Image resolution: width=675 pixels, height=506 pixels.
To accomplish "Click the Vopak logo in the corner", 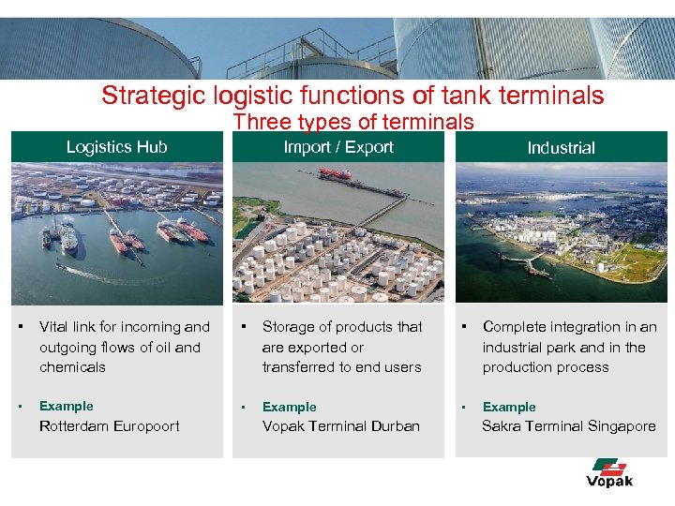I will click(x=609, y=472).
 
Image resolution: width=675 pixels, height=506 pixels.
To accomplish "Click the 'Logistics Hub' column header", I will click(x=116, y=147).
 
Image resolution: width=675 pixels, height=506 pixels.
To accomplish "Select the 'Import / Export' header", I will click(x=338, y=147).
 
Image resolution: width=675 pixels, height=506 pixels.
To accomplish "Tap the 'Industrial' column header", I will click(x=561, y=148).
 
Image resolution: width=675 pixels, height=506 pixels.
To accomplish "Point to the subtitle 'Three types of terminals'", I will click(x=353, y=122).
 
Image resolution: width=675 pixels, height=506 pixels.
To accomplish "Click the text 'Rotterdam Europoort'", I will click(x=110, y=426).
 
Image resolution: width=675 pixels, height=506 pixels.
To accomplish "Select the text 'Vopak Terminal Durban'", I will click(x=340, y=426).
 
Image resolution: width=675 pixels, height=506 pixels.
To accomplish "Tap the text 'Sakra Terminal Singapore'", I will click(x=569, y=426).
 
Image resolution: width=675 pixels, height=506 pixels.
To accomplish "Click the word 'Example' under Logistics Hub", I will click(x=66, y=406).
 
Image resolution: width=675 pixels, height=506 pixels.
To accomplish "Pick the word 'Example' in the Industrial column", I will click(x=509, y=407).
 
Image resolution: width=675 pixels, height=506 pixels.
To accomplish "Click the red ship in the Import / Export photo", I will click(x=335, y=174).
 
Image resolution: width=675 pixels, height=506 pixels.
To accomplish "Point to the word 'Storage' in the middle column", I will click(x=288, y=327).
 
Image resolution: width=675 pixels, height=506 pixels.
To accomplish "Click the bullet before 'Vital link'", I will click(x=19, y=327).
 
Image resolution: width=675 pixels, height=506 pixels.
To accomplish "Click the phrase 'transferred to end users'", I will click(x=341, y=367).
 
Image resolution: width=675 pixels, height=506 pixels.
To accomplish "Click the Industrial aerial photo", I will click(x=561, y=233).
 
